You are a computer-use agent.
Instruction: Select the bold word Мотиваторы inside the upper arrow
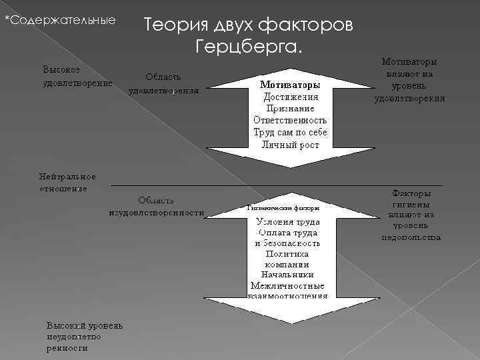(x=289, y=85)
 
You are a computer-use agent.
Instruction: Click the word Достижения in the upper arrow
(x=290, y=97)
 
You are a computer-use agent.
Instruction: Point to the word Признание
(x=290, y=109)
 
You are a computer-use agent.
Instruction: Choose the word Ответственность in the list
(x=290, y=121)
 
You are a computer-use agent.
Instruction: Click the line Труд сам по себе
(x=290, y=133)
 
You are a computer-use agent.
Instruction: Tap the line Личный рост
(x=290, y=145)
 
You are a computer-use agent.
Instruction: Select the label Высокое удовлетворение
(x=77, y=76)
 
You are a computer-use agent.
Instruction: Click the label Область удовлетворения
(x=163, y=83)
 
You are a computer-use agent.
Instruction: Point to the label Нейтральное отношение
(x=67, y=183)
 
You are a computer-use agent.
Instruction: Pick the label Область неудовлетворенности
(x=157, y=207)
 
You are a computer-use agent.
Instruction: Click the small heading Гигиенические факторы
(x=283, y=208)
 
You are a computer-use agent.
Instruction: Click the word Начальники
(x=289, y=274)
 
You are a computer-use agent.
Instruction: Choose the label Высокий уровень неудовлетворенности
(x=84, y=337)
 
